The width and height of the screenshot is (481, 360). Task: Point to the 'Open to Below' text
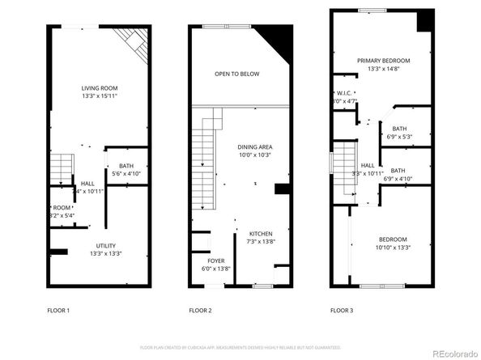(236, 74)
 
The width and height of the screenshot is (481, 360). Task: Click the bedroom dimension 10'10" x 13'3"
(392, 248)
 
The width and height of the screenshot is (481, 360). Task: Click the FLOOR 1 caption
(58, 310)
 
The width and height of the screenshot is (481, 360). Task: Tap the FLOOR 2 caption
(200, 310)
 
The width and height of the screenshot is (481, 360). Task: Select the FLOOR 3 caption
(341, 310)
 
